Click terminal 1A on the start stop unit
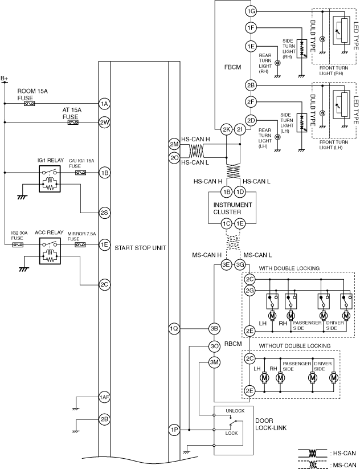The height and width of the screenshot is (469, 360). point(104,104)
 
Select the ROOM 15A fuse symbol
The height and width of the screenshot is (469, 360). point(29,104)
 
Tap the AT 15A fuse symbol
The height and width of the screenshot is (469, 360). point(73,123)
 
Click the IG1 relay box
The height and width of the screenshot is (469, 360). point(50,178)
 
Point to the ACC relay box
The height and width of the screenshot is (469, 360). point(50,251)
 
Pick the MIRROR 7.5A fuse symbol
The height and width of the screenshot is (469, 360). point(80,245)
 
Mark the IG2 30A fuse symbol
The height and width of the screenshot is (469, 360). point(18,245)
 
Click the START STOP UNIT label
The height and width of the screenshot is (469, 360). point(140,248)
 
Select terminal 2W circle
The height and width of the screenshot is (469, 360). point(104,123)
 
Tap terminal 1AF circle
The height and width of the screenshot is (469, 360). point(104,397)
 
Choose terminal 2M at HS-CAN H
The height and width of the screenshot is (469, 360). point(174,144)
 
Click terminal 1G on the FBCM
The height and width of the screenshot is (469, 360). point(251,11)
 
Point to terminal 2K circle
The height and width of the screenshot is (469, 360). point(226,129)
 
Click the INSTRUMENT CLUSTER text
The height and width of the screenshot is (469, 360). point(232,209)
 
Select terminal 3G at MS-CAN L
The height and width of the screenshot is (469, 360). point(240,265)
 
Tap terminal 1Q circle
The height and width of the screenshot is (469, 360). point(174,329)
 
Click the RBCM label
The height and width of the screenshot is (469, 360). point(233,344)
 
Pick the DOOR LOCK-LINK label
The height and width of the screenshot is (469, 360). point(271,424)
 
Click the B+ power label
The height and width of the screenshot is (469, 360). point(5,79)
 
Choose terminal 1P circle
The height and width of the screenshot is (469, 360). point(174,430)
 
